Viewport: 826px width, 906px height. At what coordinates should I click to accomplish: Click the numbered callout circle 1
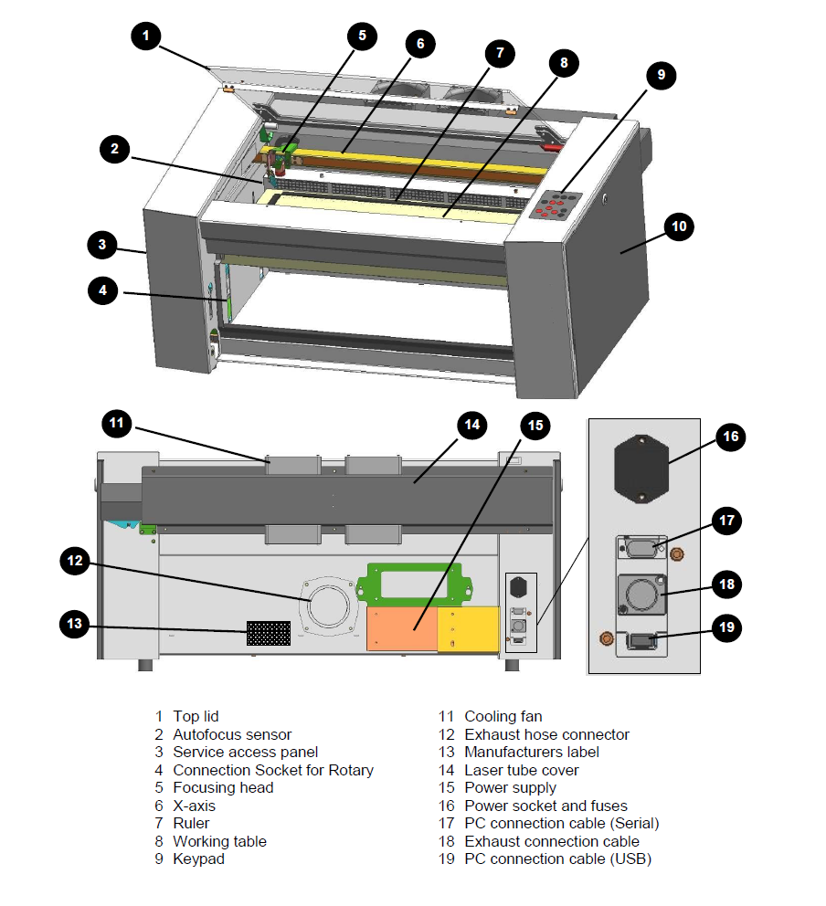click(x=146, y=36)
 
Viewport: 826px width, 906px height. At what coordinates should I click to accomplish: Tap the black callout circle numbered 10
click(x=679, y=226)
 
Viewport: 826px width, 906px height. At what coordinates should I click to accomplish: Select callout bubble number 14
click(x=471, y=425)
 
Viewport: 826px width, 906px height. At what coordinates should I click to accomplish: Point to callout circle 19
click(x=726, y=628)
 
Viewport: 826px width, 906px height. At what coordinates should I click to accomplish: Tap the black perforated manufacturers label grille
click(x=269, y=633)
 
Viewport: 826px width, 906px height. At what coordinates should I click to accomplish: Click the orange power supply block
click(x=402, y=628)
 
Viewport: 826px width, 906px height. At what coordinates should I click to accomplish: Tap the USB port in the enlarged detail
click(x=641, y=641)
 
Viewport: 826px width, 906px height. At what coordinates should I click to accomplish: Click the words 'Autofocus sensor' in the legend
click(x=232, y=734)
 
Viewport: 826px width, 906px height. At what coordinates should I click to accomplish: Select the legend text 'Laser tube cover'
click(x=522, y=770)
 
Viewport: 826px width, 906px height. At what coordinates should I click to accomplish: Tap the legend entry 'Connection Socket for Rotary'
click(x=273, y=770)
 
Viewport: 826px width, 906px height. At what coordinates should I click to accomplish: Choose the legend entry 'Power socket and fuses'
click(x=545, y=806)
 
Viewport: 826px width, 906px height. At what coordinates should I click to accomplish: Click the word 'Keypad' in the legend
click(x=198, y=859)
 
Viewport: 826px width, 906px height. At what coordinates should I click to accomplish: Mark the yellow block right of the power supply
click(x=468, y=628)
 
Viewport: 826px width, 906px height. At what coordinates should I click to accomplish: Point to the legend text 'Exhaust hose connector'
click(x=546, y=734)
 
